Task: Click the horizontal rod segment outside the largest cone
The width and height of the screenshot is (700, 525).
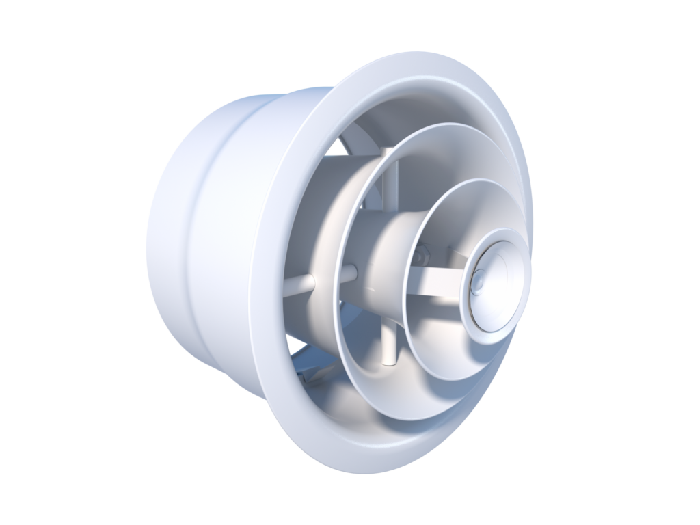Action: tap(298, 284)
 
